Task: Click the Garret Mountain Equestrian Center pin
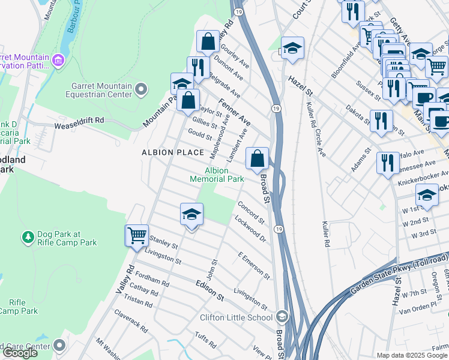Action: [x=141, y=90]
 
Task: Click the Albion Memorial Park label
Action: [x=217, y=175]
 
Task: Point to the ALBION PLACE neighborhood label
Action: [x=173, y=152]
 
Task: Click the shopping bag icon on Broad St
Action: [x=257, y=159]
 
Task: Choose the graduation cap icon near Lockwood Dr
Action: [x=191, y=214]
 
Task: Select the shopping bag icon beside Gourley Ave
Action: [x=208, y=41]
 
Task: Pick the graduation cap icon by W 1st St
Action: [x=427, y=195]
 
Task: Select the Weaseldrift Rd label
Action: [x=79, y=120]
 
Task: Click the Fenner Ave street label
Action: [x=234, y=112]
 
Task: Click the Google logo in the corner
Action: [x=20, y=353]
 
